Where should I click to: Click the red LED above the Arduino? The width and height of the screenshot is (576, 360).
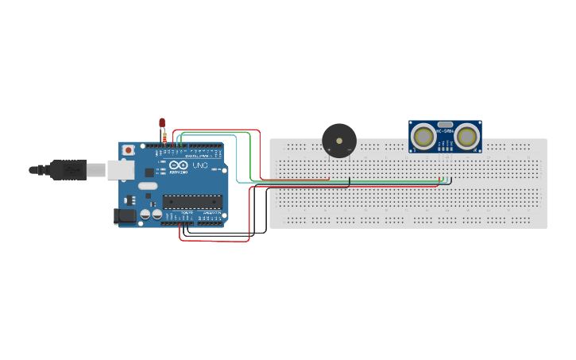(x=162, y=123)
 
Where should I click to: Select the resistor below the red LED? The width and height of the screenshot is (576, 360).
(x=164, y=137)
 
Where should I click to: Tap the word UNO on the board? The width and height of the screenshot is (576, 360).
(x=199, y=165)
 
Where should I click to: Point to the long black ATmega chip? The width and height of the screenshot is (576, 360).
(x=192, y=202)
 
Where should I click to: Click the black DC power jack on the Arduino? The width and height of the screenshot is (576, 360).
(x=125, y=215)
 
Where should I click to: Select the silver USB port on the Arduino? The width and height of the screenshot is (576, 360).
(x=121, y=168)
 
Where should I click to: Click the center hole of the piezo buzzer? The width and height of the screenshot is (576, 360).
(x=339, y=140)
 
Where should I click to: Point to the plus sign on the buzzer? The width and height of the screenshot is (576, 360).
(x=329, y=149)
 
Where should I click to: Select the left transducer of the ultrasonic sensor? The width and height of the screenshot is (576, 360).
(x=424, y=137)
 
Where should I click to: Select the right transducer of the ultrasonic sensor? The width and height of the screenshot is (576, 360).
(x=466, y=137)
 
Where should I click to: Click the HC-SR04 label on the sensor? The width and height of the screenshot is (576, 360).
(x=445, y=131)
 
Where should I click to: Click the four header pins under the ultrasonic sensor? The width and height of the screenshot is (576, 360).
(x=445, y=155)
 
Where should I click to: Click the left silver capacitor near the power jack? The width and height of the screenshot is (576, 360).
(x=146, y=215)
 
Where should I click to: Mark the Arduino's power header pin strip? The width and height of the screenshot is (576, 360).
(x=176, y=223)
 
